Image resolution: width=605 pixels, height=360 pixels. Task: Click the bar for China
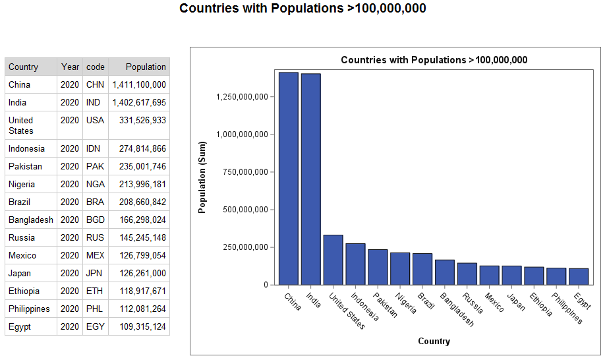(x=289, y=178)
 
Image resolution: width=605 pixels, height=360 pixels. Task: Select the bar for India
(x=311, y=179)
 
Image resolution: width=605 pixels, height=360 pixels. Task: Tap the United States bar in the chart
(x=333, y=260)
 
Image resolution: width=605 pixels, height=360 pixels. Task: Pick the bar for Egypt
(x=579, y=276)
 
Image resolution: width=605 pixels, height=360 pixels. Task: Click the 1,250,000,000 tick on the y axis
(x=242, y=97)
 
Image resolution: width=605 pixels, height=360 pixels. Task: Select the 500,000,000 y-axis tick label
(x=242, y=210)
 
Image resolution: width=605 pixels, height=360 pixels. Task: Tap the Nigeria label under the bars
(x=405, y=303)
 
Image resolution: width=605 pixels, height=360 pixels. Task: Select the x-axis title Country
(x=434, y=341)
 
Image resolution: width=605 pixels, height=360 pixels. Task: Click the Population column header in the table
(x=146, y=67)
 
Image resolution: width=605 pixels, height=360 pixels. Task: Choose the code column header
(x=96, y=67)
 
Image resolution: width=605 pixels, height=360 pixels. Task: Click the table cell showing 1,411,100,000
(x=139, y=84)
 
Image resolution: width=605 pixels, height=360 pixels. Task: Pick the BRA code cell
(x=96, y=202)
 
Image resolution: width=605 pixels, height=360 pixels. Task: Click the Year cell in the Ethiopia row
(x=70, y=291)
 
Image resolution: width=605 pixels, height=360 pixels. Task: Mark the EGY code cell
(x=96, y=326)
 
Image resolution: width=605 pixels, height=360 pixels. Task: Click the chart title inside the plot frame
(x=434, y=60)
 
